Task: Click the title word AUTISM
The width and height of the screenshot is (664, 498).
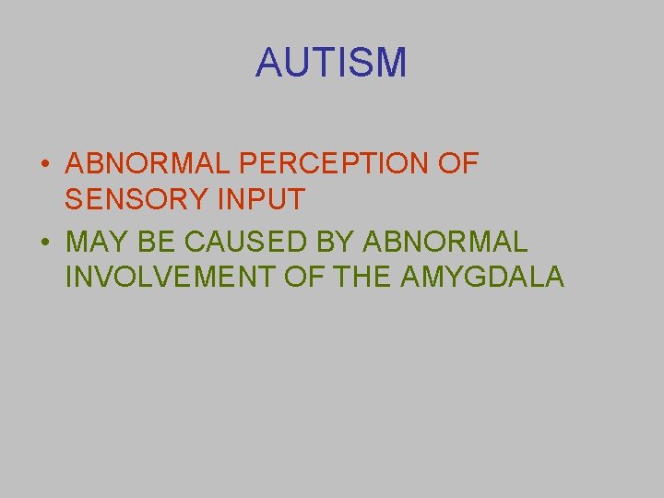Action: [331, 63]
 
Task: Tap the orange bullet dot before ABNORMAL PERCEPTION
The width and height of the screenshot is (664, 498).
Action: [44, 166]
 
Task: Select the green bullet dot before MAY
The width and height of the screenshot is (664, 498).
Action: [44, 243]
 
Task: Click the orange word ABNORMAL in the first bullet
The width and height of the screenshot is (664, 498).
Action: [148, 164]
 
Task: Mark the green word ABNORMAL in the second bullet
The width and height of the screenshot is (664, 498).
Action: [446, 242]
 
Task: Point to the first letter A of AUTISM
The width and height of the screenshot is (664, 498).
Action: [268, 63]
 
